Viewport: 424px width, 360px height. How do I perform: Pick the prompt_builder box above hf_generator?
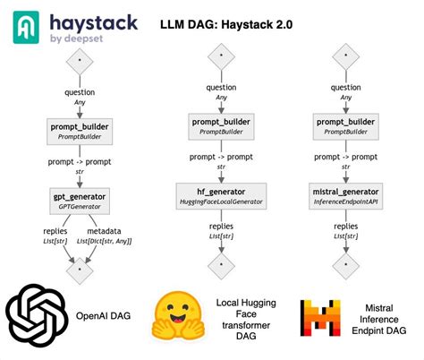coord(216,126)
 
